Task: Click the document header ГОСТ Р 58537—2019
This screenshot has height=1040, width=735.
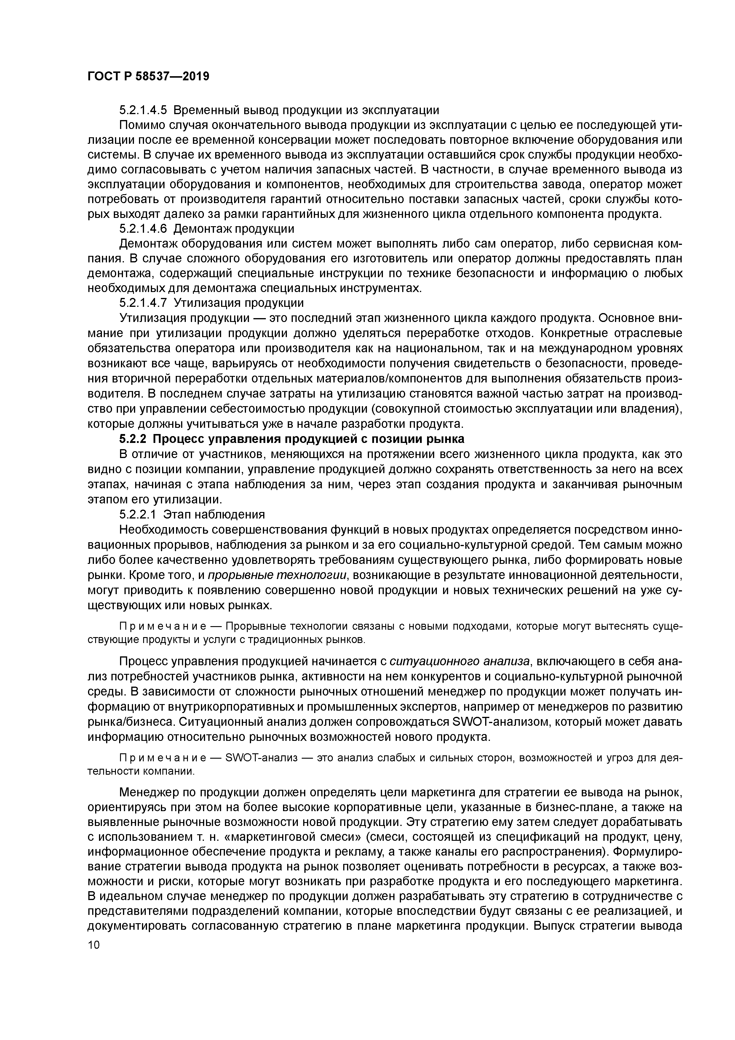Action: click(x=148, y=76)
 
